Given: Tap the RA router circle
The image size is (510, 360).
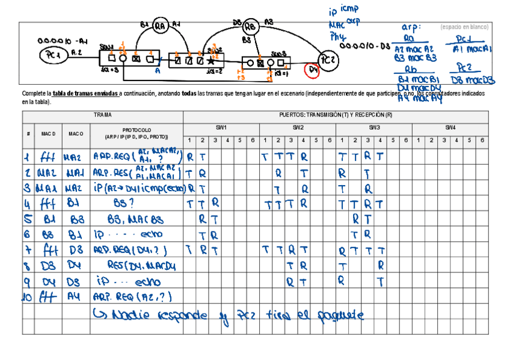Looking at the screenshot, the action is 160,26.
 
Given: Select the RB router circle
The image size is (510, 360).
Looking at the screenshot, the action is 251,27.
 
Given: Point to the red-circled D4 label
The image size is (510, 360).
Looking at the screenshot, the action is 313,70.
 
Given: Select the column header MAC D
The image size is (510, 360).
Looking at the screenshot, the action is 48,133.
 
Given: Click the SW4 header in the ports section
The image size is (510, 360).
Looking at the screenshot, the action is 450,127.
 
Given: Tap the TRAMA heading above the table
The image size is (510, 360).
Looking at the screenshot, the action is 102,114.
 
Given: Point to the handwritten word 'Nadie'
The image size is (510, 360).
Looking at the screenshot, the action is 129,314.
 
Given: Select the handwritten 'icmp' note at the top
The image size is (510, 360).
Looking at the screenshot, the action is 349,9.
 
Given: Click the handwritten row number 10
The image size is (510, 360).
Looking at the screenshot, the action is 28,296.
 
